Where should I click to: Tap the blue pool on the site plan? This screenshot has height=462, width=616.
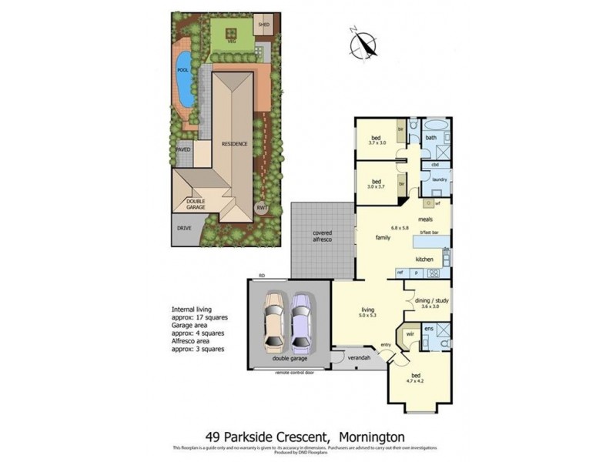coord(183,77)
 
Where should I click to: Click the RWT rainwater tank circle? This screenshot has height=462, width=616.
coord(261,207)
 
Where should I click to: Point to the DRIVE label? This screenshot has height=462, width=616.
coord(185,229)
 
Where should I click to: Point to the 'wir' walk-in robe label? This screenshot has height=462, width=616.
coord(410,335)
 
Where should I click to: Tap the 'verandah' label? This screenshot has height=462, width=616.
coord(359,359)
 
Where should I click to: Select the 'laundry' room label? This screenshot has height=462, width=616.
coord(440,180)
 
